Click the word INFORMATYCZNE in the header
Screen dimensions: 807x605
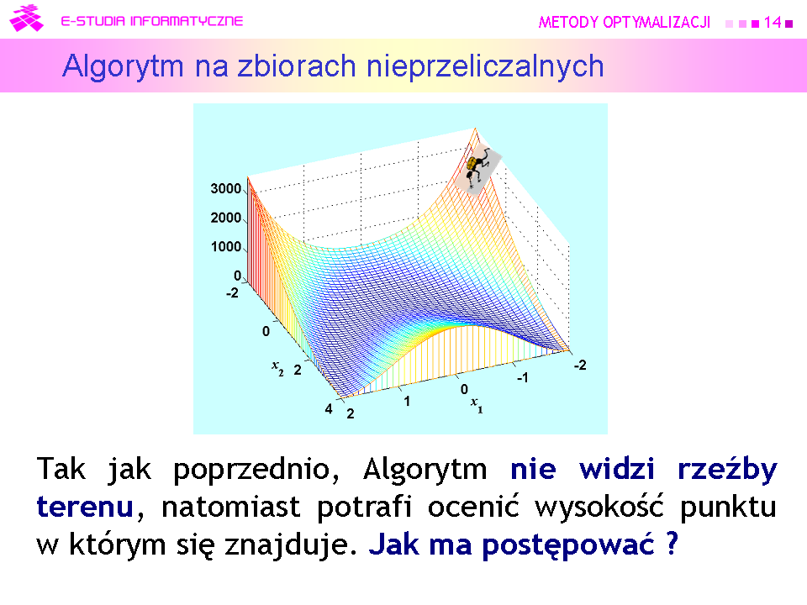click(187, 21)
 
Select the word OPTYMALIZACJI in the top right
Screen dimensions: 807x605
click(657, 22)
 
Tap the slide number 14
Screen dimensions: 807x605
click(773, 22)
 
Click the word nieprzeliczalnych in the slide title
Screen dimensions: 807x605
click(485, 66)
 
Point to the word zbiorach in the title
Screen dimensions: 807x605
click(297, 66)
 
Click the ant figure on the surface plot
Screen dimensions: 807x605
click(477, 166)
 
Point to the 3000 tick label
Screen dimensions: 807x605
click(226, 189)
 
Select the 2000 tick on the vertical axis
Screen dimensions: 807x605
click(226, 218)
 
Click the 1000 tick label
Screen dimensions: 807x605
click(226, 247)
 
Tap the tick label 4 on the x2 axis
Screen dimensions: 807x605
click(329, 409)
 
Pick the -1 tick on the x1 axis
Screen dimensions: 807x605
click(522, 378)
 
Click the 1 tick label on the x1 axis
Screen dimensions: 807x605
click(407, 402)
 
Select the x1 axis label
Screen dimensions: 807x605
click(477, 405)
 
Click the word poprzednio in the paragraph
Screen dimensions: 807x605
click(256, 470)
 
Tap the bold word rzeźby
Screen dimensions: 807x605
click(727, 469)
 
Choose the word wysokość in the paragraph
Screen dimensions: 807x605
click(599, 507)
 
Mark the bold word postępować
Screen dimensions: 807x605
click(567, 545)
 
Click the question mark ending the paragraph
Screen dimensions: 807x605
click(672, 543)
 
